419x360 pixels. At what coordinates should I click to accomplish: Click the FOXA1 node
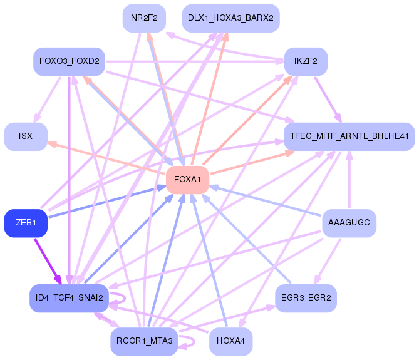click(187, 180)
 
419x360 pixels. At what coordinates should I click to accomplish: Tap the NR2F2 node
click(144, 18)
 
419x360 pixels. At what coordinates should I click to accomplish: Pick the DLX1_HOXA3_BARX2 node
click(230, 18)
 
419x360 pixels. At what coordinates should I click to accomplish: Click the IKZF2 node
click(306, 61)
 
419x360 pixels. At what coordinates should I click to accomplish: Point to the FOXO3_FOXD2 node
click(68, 61)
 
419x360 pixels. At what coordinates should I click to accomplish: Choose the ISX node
click(26, 136)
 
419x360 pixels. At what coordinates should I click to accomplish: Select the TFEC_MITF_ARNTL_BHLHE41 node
click(349, 136)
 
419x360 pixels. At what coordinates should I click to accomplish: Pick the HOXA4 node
click(230, 341)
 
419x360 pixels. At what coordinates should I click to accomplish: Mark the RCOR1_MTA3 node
click(144, 341)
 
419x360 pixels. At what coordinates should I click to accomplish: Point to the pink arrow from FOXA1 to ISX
click(106, 158)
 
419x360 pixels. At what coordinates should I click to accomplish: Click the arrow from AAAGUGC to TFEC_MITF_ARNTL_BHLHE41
click(349, 182)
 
